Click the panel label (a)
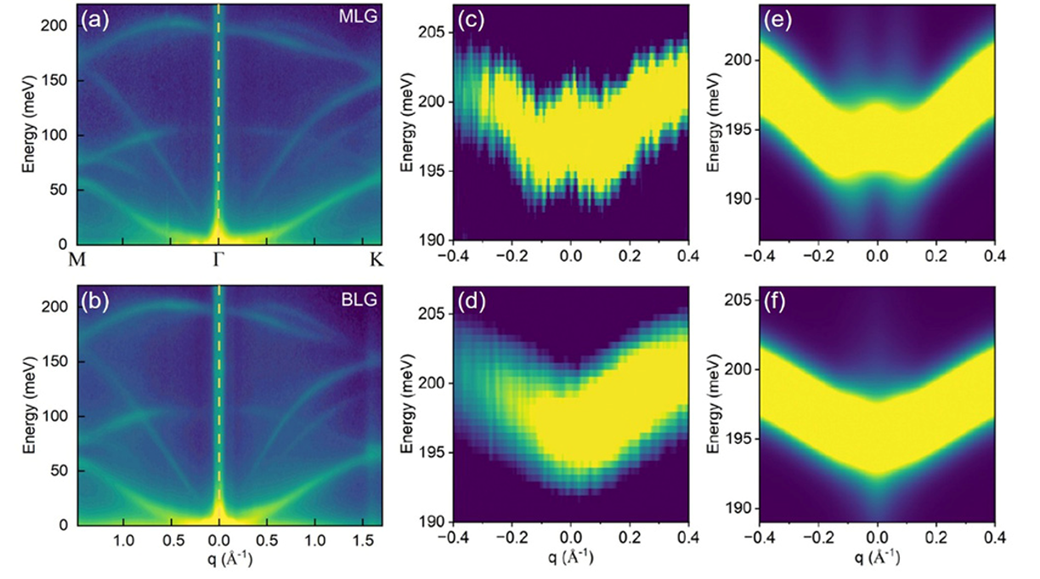[95, 16]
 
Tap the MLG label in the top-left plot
[359, 16]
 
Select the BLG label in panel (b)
[359, 298]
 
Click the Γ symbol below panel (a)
[219, 260]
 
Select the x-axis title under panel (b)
[219, 561]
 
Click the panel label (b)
[95, 298]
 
